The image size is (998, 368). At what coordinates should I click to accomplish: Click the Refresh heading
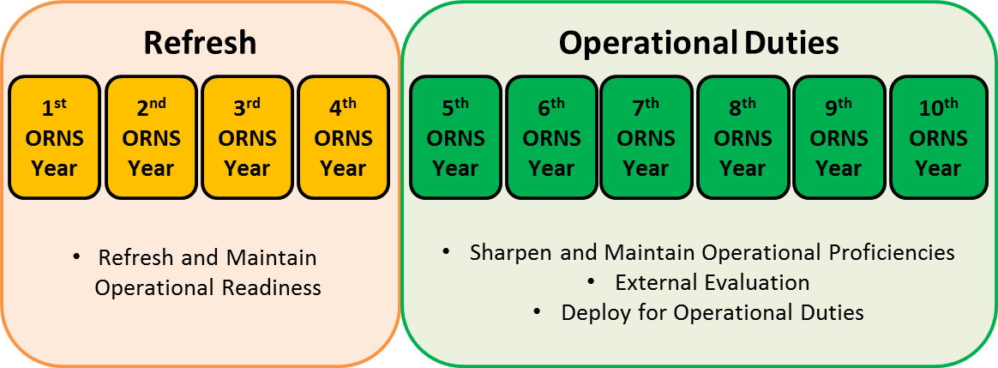200,43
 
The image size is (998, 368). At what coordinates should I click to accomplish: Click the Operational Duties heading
699,43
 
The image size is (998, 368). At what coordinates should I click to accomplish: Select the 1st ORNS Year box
55,138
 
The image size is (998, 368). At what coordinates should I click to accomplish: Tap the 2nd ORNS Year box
151,138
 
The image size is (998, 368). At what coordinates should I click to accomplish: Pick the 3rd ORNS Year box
247,138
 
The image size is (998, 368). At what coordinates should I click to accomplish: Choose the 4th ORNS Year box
343,138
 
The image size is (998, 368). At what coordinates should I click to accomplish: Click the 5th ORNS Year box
455,138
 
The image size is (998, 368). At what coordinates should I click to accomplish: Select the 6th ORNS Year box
551,138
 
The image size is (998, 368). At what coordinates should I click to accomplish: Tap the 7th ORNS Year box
646,138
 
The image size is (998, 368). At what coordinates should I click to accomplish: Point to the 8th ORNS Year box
742,138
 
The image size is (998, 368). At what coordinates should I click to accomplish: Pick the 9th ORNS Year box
839,138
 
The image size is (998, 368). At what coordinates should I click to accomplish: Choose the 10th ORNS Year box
937,138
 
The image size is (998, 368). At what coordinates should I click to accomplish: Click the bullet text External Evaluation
712,282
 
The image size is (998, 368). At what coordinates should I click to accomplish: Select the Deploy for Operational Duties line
712,312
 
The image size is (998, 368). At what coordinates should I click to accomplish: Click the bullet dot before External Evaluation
591,282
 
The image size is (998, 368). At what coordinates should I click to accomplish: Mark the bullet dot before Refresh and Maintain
76,257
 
